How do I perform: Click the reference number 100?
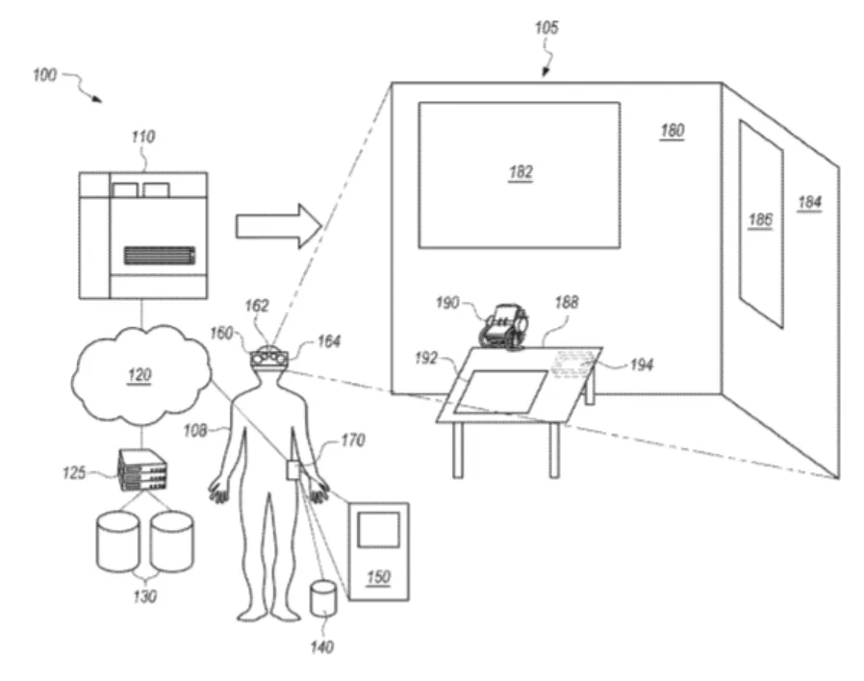click(x=44, y=74)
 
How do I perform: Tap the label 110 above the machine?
click(x=142, y=137)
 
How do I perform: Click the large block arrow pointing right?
click(x=279, y=226)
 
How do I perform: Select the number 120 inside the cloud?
click(x=139, y=375)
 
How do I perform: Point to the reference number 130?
click(x=145, y=596)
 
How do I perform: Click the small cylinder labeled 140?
click(x=323, y=598)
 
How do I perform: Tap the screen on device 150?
click(x=378, y=529)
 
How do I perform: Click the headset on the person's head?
click(x=268, y=358)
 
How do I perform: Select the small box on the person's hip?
click(x=293, y=470)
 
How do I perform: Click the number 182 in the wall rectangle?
click(x=521, y=173)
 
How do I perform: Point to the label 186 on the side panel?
click(x=760, y=220)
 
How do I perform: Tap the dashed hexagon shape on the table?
click(x=575, y=365)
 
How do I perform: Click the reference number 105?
click(x=546, y=28)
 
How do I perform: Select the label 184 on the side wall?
click(x=809, y=203)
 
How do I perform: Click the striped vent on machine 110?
click(x=160, y=256)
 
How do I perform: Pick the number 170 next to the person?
click(x=353, y=440)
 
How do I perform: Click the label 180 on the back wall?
click(x=673, y=131)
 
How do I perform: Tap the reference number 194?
click(x=642, y=365)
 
